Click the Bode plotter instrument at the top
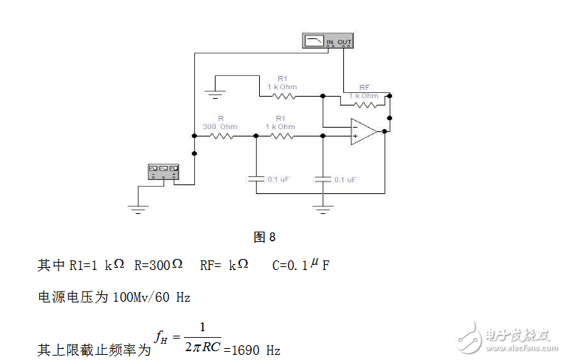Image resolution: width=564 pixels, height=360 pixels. (327, 41)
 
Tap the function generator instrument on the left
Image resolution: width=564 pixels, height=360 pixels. (163, 171)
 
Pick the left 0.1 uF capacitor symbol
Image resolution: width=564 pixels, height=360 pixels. (255, 179)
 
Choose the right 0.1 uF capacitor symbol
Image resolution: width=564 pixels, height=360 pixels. (323, 179)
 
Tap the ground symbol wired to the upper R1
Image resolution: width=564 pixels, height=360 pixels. (215, 94)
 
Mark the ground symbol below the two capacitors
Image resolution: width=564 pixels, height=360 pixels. (323, 207)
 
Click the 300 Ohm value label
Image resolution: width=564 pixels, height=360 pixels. (220, 126)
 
